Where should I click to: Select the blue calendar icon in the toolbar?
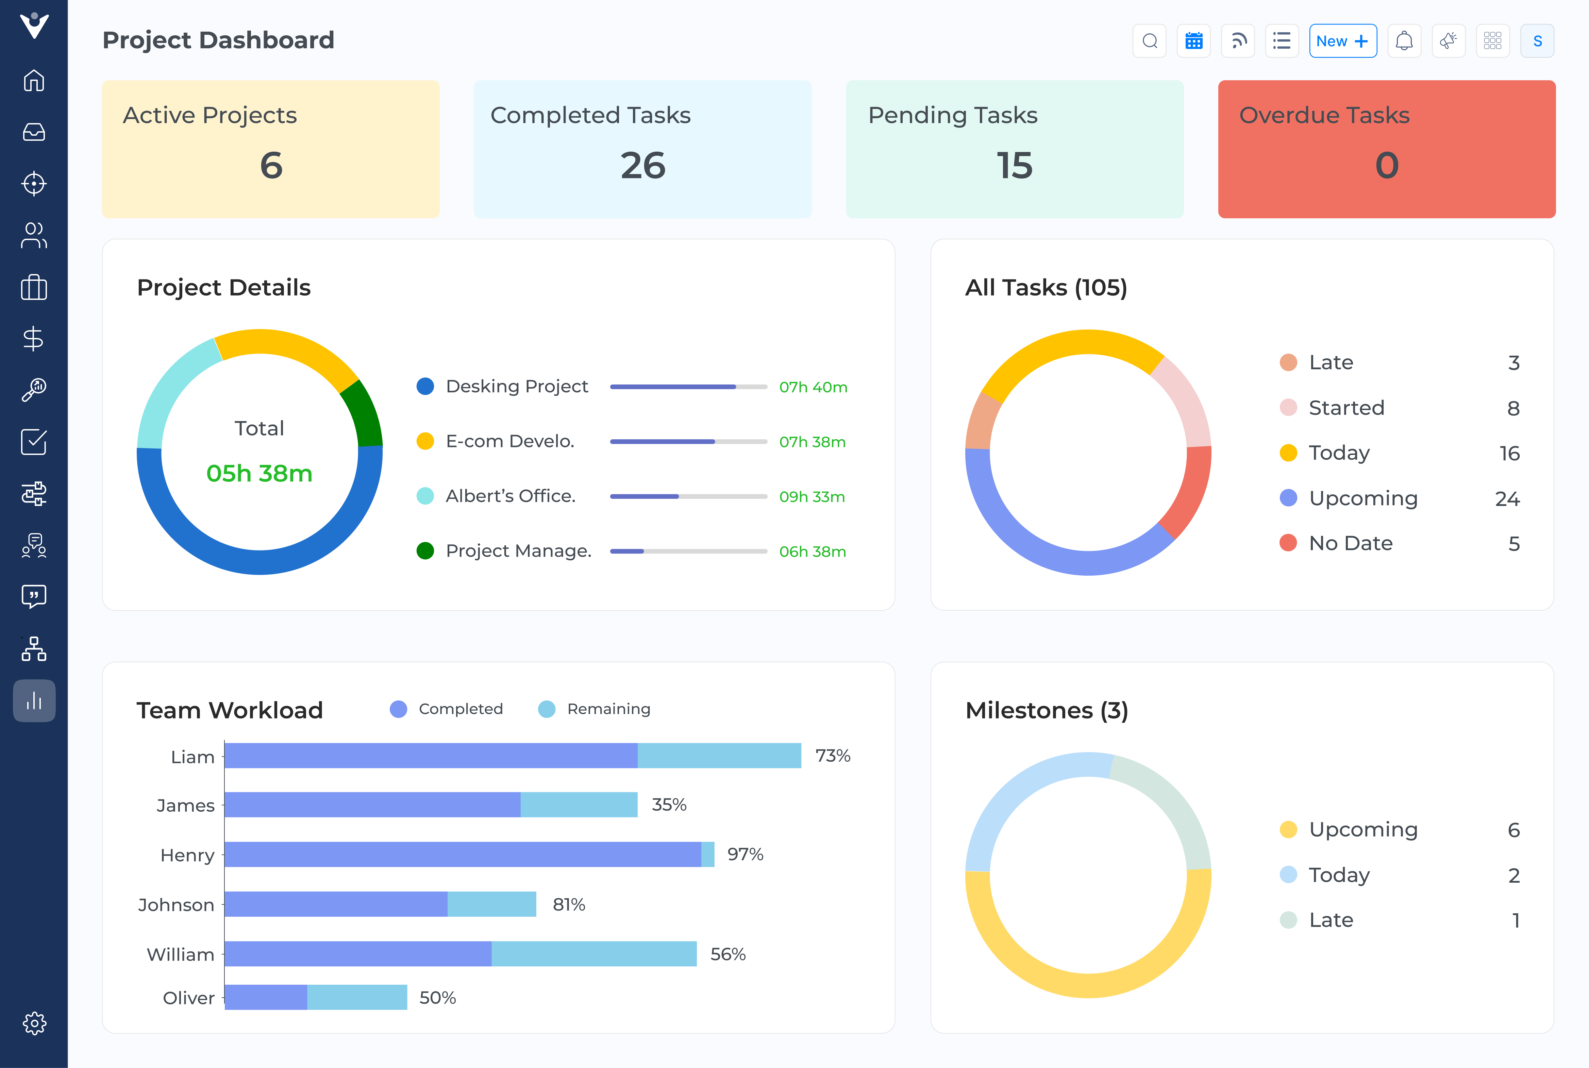click(1193, 41)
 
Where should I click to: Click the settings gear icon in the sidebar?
click(34, 1023)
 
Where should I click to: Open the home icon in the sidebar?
click(34, 80)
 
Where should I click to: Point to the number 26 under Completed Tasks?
click(642, 166)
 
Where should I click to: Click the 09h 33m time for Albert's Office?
click(812, 496)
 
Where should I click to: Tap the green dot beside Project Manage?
click(425, 550)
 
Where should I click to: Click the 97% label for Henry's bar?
click(745, 854)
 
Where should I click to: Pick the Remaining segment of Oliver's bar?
click(357, 997)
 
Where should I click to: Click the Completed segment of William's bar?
click(357, 953)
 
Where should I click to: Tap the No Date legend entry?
click(1350, 543)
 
